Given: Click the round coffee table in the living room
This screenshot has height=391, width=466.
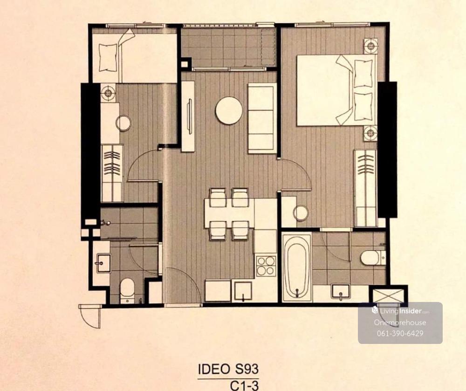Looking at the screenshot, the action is (x=229, y=110).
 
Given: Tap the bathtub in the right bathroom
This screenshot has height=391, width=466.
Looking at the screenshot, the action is (x=296, y=268).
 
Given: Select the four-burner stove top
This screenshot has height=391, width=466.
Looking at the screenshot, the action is (x=266, y=266).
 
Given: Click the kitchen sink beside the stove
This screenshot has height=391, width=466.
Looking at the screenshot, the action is (x=243, y=291).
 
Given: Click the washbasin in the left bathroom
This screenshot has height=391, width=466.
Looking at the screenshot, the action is (x=102, y=263).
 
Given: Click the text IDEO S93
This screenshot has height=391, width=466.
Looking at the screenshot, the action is (x=228, y=369).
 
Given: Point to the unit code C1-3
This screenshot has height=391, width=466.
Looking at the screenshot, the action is (x=244, y=385).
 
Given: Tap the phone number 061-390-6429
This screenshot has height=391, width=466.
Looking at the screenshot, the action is (x=400, y=333).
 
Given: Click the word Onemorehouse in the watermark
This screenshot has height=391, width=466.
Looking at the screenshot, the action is (x=400, y=322).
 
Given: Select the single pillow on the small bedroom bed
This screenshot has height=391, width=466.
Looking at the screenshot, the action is (x=107, y=57).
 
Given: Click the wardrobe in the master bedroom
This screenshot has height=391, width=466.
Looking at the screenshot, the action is (x=365, y=188).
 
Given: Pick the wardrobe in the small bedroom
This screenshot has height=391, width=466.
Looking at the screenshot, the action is (x=112, y=173).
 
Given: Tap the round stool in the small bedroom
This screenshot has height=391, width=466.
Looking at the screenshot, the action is (x=123, y=123).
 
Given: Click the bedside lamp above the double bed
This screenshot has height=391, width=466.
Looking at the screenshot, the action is (x=370, y=46).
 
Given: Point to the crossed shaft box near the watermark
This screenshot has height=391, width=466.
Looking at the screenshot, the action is (x=387, y=295).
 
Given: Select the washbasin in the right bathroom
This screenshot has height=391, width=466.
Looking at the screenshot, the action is (x=341, y=292).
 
